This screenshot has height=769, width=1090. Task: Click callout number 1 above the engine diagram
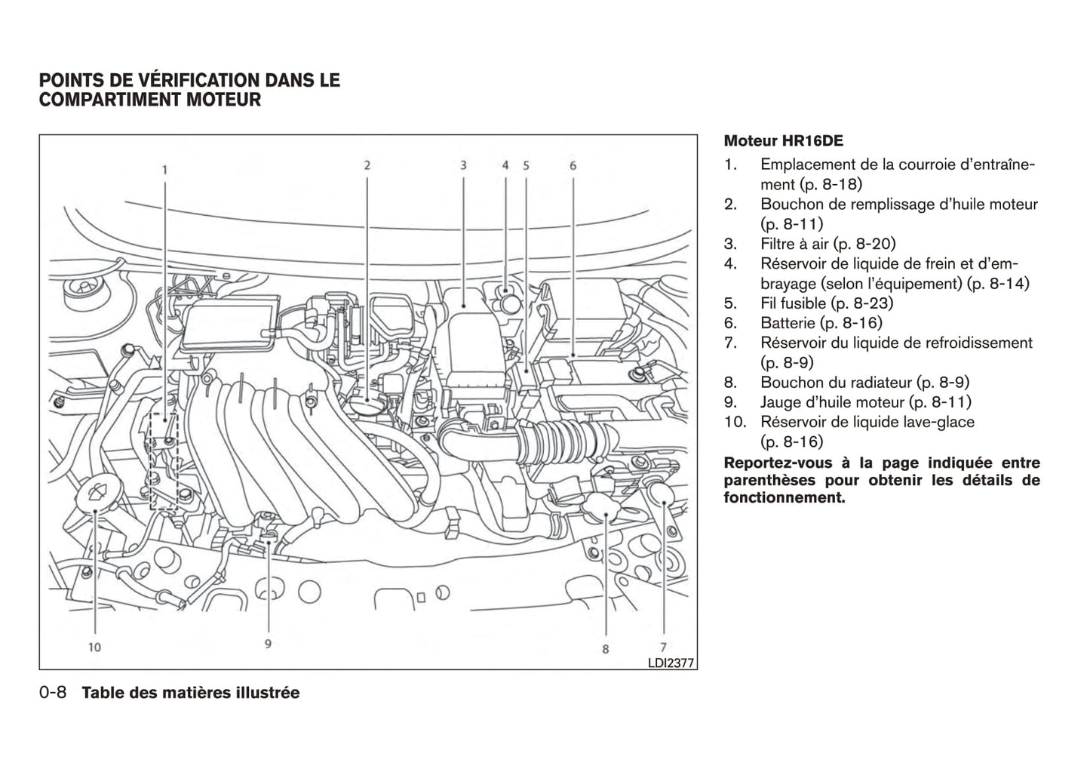coord(164,170)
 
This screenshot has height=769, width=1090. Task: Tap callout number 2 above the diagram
coord(367,165)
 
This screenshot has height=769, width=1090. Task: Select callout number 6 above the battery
coord(573,165)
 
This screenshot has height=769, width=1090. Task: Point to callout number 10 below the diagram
coord(94,646)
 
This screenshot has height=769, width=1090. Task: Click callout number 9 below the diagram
coord(268,643)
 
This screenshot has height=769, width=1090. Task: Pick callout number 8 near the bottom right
coord(605,648)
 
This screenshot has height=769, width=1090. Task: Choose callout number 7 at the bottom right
coord(663,646)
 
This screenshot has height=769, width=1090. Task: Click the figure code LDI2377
coord(671,663)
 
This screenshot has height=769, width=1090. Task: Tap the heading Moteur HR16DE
coord(783,141)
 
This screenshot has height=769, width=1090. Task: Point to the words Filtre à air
coord(794,244)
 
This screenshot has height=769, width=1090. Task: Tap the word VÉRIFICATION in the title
coord(182,80)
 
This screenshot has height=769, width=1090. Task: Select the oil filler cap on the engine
coord(368,405)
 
